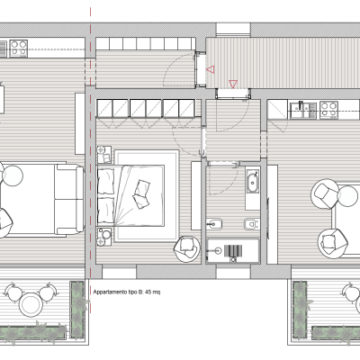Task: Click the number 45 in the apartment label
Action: tap(148, 292)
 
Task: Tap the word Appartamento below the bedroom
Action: tap(110, 292)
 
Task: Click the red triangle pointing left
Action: tap(211, 69)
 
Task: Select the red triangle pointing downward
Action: tap(233, 84)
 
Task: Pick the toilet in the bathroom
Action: tap(251, 224)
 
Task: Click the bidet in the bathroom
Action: tap(214, 224)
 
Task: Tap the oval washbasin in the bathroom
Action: tap(253, 182)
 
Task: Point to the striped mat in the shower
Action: tap(233, 251)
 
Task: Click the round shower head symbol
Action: tap(219, 249)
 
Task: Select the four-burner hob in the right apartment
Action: tap(328, 110)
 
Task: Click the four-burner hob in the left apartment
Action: tap(19, 49)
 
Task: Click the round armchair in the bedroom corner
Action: tap(187, 248)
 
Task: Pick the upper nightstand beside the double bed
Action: tap(103, 155)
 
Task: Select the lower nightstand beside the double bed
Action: tap(103, 237)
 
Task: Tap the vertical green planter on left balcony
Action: tap(77, 309)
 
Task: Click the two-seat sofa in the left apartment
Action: tap(69, 199)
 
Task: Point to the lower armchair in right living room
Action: tap(332, 243)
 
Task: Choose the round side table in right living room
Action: tap(348, 196)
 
